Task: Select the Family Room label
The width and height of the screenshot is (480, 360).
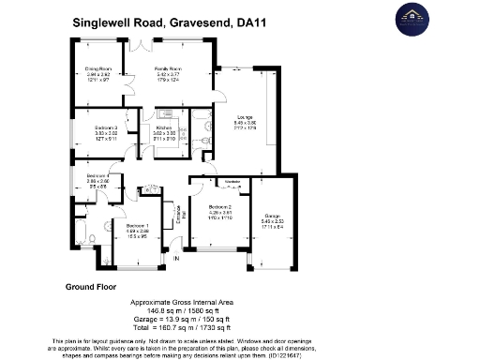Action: [168, 70]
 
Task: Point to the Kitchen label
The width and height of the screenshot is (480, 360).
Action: [164, 127]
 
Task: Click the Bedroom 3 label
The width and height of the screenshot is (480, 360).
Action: [105, 127]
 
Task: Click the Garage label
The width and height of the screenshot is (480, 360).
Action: [272, 215]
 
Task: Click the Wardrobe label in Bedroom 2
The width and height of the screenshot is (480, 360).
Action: [233, 182]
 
